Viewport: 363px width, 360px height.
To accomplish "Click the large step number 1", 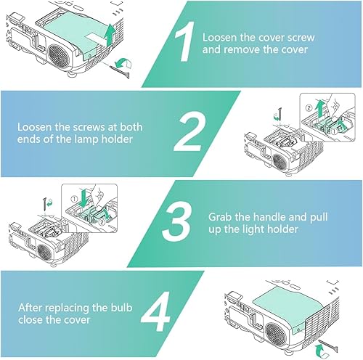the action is [x=185, y=41].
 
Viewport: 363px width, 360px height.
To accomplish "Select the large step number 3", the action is [x=177, y=221].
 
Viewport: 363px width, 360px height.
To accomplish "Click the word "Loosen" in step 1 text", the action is [x=219, y=38].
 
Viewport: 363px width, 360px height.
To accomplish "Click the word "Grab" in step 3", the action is [x=219, y=217].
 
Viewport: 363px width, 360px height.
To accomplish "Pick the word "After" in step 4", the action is [x=30, y=308].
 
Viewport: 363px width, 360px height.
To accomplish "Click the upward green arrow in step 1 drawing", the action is [x=110, y=34].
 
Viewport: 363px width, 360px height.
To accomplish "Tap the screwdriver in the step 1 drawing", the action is [x=120, y=72].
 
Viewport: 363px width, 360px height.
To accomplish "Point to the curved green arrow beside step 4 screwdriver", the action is [x=322, y=351].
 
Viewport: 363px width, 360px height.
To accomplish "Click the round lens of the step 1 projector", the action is [x=58, y=56].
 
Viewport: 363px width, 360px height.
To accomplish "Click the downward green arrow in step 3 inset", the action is [x=83, y=198].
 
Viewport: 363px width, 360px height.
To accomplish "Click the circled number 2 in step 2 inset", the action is [x=309, y=108].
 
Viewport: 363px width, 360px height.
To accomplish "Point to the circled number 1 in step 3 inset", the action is [x=74, y=200].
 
